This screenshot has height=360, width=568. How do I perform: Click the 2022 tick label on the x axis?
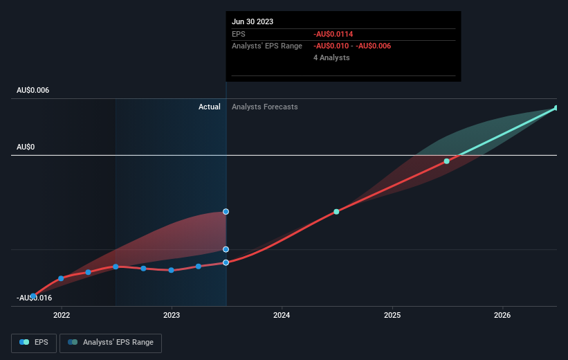click(x=62, y=315)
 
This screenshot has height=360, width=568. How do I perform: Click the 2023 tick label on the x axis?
click(x=172, y=315)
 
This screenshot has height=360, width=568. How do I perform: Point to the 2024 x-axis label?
click(x=282, y=315)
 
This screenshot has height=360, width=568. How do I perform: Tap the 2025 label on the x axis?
click(x=392, y=315)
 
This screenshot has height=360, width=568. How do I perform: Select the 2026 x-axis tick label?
click(x=502, y=315)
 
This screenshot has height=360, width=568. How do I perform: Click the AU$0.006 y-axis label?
click(x=33, y=91)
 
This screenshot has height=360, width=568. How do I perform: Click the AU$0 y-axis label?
click(x=26, y=147)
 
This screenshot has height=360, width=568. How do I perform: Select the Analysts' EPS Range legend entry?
click(x=111, y=342)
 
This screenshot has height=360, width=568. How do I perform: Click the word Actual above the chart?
click(x=209, y=107)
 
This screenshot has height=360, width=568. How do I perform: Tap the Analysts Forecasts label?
click(x=265, y=107)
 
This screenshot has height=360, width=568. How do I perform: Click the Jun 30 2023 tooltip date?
click(x=253, y=21)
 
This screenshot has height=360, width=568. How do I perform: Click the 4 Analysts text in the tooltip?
click(x=331, y=57)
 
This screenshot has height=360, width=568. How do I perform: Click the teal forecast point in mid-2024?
click(x=336, y=212)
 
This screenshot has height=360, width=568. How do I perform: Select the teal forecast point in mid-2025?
click(x=447, y=161)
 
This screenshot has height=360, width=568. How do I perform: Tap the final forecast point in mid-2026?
click(x=556, y=108)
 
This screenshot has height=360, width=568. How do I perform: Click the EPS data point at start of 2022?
click(x=62, y=278)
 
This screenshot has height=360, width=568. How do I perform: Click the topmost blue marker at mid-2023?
click(x=226, y=212)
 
